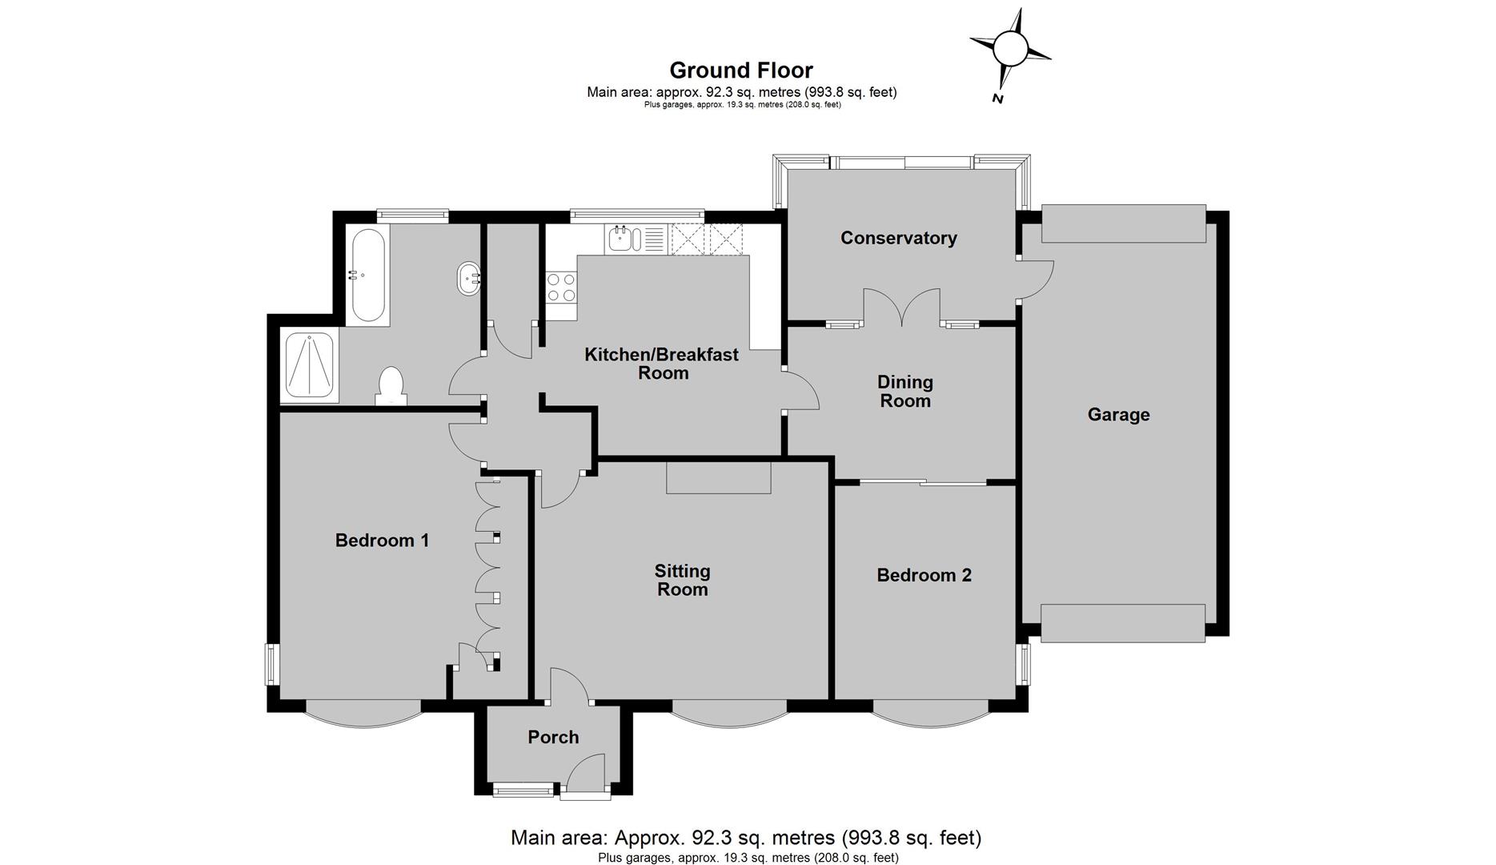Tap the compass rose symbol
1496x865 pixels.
(x=1009, y=50)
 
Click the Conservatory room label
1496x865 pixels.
(x=899, y=238)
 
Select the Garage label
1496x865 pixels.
(x=1118, y=415)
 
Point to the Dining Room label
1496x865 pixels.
(x=905, y=392)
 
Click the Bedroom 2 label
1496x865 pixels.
(x=924, y=575)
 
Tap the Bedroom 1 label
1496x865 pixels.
(x=382, y=541)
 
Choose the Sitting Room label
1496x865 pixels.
(x=682, y=581)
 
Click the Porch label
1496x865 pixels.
(x=553, y=737)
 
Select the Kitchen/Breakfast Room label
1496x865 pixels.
(x=662, y=364)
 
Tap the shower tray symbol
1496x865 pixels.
(x=309, y=367)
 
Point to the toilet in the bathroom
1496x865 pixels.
(x=391, y=386)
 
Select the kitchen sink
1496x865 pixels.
(x=626, y=239)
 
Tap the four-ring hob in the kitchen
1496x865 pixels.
(x=561, y=287)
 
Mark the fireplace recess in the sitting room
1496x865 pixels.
(x=719, y=477)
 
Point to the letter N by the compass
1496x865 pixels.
(x=998, y=99)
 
